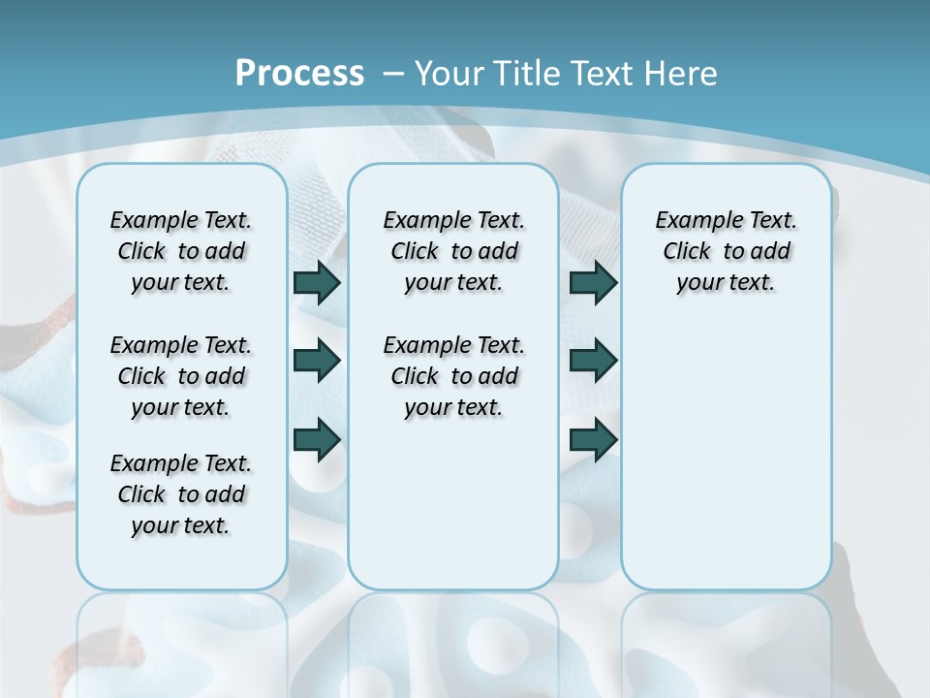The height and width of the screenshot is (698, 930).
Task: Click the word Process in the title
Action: point(299,73)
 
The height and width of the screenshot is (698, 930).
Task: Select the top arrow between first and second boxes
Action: point(317,282)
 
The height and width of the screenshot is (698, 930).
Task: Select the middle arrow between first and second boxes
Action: point(317,361)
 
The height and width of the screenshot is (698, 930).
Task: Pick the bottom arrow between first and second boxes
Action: point(317,439)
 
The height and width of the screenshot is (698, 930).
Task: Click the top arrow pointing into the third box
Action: point(593,282)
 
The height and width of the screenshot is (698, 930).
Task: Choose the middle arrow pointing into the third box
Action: point(593,361)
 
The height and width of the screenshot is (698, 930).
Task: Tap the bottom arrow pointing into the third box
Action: point(593,439)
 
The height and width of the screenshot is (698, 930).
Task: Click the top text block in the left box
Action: point(181,251)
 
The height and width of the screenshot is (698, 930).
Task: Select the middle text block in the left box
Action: point(181,376)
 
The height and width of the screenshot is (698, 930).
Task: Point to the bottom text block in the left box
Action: point(181,494)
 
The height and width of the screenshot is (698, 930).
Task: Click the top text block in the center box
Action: point(453,251)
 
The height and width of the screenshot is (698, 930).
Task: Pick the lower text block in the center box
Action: point(453,376)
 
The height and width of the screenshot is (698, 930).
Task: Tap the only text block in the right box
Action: point(726,251)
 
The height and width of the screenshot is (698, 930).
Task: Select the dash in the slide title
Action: point(392,74)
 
